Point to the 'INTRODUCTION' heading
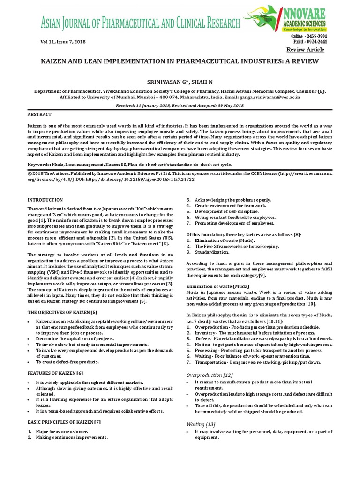[45, 200]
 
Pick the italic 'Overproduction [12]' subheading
[210, 375]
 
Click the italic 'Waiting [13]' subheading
[201, 424]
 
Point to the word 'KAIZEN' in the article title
[56, 62]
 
